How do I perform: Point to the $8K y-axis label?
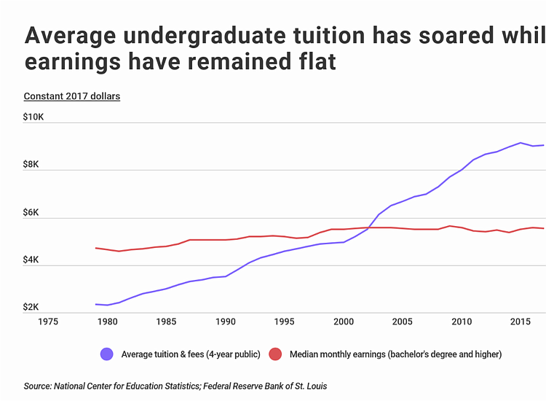click(x=33, y=164)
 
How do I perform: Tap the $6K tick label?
click(x=33, y=212)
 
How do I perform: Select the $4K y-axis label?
click(x=33, y=260)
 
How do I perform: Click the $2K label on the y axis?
click(x=33, y=307)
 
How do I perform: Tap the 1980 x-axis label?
click(x=107, y=321)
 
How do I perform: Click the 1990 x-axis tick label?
click(x=226, y=321)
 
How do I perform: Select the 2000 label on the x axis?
click(x=344, y=321)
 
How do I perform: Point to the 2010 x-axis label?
click(x=462, y=321)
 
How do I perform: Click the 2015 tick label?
click(x=521, y=321)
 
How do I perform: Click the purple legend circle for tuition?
click(x=108, y=354)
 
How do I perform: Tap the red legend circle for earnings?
click(x=275, y=354)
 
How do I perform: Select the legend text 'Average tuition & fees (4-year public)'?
click(x=190, y=355)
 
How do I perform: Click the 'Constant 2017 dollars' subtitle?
click(x=71, y=96)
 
